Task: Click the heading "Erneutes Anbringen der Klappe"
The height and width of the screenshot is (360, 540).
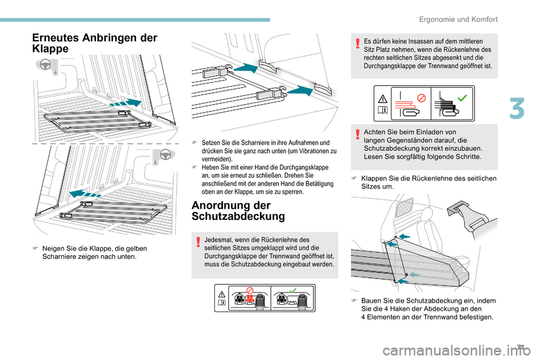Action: coord(95,43)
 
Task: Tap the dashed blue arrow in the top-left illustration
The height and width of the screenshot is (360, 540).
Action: coord(124,103)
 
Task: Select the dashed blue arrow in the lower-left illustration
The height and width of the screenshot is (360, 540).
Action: coord(82,195)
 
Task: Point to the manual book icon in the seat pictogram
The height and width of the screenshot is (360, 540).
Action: coord(223,303)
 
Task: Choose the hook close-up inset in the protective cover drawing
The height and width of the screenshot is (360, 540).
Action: coord(471,217)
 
